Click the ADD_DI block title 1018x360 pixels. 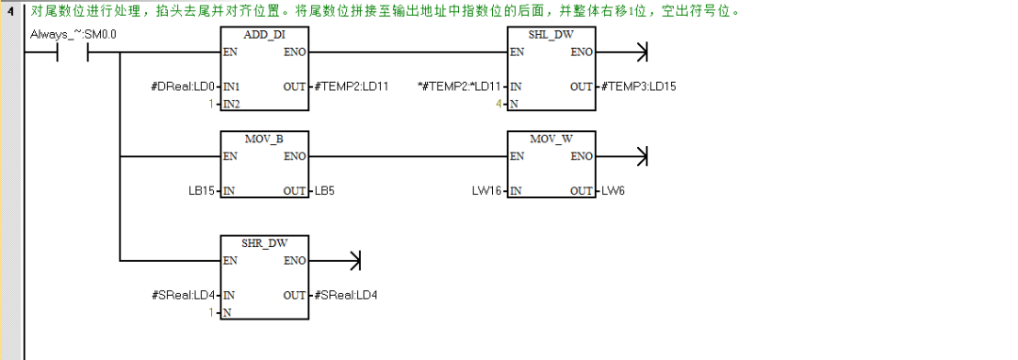pos(265,35)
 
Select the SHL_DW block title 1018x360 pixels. pos(552,35)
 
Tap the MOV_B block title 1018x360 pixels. pos(265,139)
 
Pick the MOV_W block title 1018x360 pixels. pos(552,139)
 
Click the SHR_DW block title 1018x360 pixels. pos(265,242)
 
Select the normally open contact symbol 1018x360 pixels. pos(74,52)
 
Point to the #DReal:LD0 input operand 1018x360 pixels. pos(183,87)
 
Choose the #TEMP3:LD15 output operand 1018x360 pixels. pos(638,87)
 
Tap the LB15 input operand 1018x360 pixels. pos(203,190)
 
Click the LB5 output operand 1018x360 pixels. pos(324,190)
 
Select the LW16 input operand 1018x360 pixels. pos(488,190)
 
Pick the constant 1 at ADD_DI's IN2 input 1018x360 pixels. pos(213,103)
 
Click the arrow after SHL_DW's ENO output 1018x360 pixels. pos(642,52)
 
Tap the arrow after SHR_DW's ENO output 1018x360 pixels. pos(354,259)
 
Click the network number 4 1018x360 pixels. pos(9,12)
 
